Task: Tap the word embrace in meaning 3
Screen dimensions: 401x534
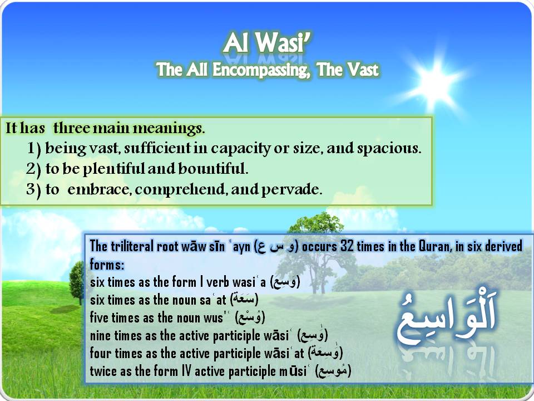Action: point(97,189)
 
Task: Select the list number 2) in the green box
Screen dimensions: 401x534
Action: point(33,169)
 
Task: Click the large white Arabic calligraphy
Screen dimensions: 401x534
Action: point(447,317)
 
